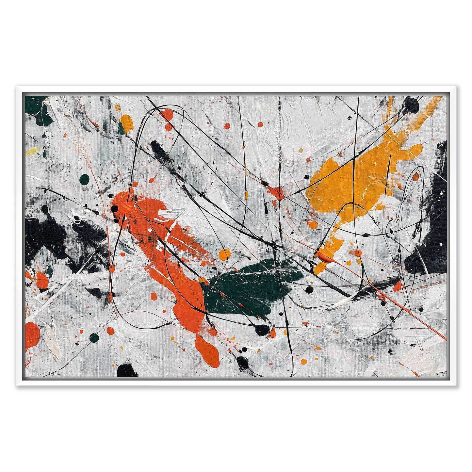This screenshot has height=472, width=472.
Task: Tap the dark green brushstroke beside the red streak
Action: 248,287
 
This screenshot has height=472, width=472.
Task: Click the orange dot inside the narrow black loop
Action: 415,177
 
